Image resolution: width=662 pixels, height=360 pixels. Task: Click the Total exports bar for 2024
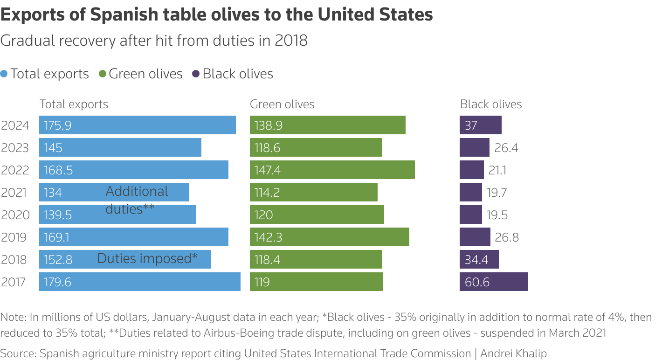tap(138, 125)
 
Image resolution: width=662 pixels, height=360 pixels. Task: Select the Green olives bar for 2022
tap(332, 170)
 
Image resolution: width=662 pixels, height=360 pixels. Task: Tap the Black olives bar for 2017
tap(493, 282)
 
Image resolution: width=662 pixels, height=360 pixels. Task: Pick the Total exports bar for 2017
tap(140, 282)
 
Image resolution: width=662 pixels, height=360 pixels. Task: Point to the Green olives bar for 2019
tap(329, 237)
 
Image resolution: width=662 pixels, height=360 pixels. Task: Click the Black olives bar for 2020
tap(470, 215)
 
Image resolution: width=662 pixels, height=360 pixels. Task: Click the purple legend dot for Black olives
tap(196, 74)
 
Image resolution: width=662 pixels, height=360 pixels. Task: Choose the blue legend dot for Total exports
tap(4, 74)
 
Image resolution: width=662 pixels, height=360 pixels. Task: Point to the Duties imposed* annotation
tap(147, 258)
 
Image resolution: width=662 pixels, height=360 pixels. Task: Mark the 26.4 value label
tap(506, 148)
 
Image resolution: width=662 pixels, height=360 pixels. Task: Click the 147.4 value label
tap(268, 170)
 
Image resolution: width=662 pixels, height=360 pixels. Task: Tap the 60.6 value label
tap(477, 282)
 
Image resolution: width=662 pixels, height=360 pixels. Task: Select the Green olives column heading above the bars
tap(282, 104)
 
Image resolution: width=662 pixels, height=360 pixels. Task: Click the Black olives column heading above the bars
tap(491, 104)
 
